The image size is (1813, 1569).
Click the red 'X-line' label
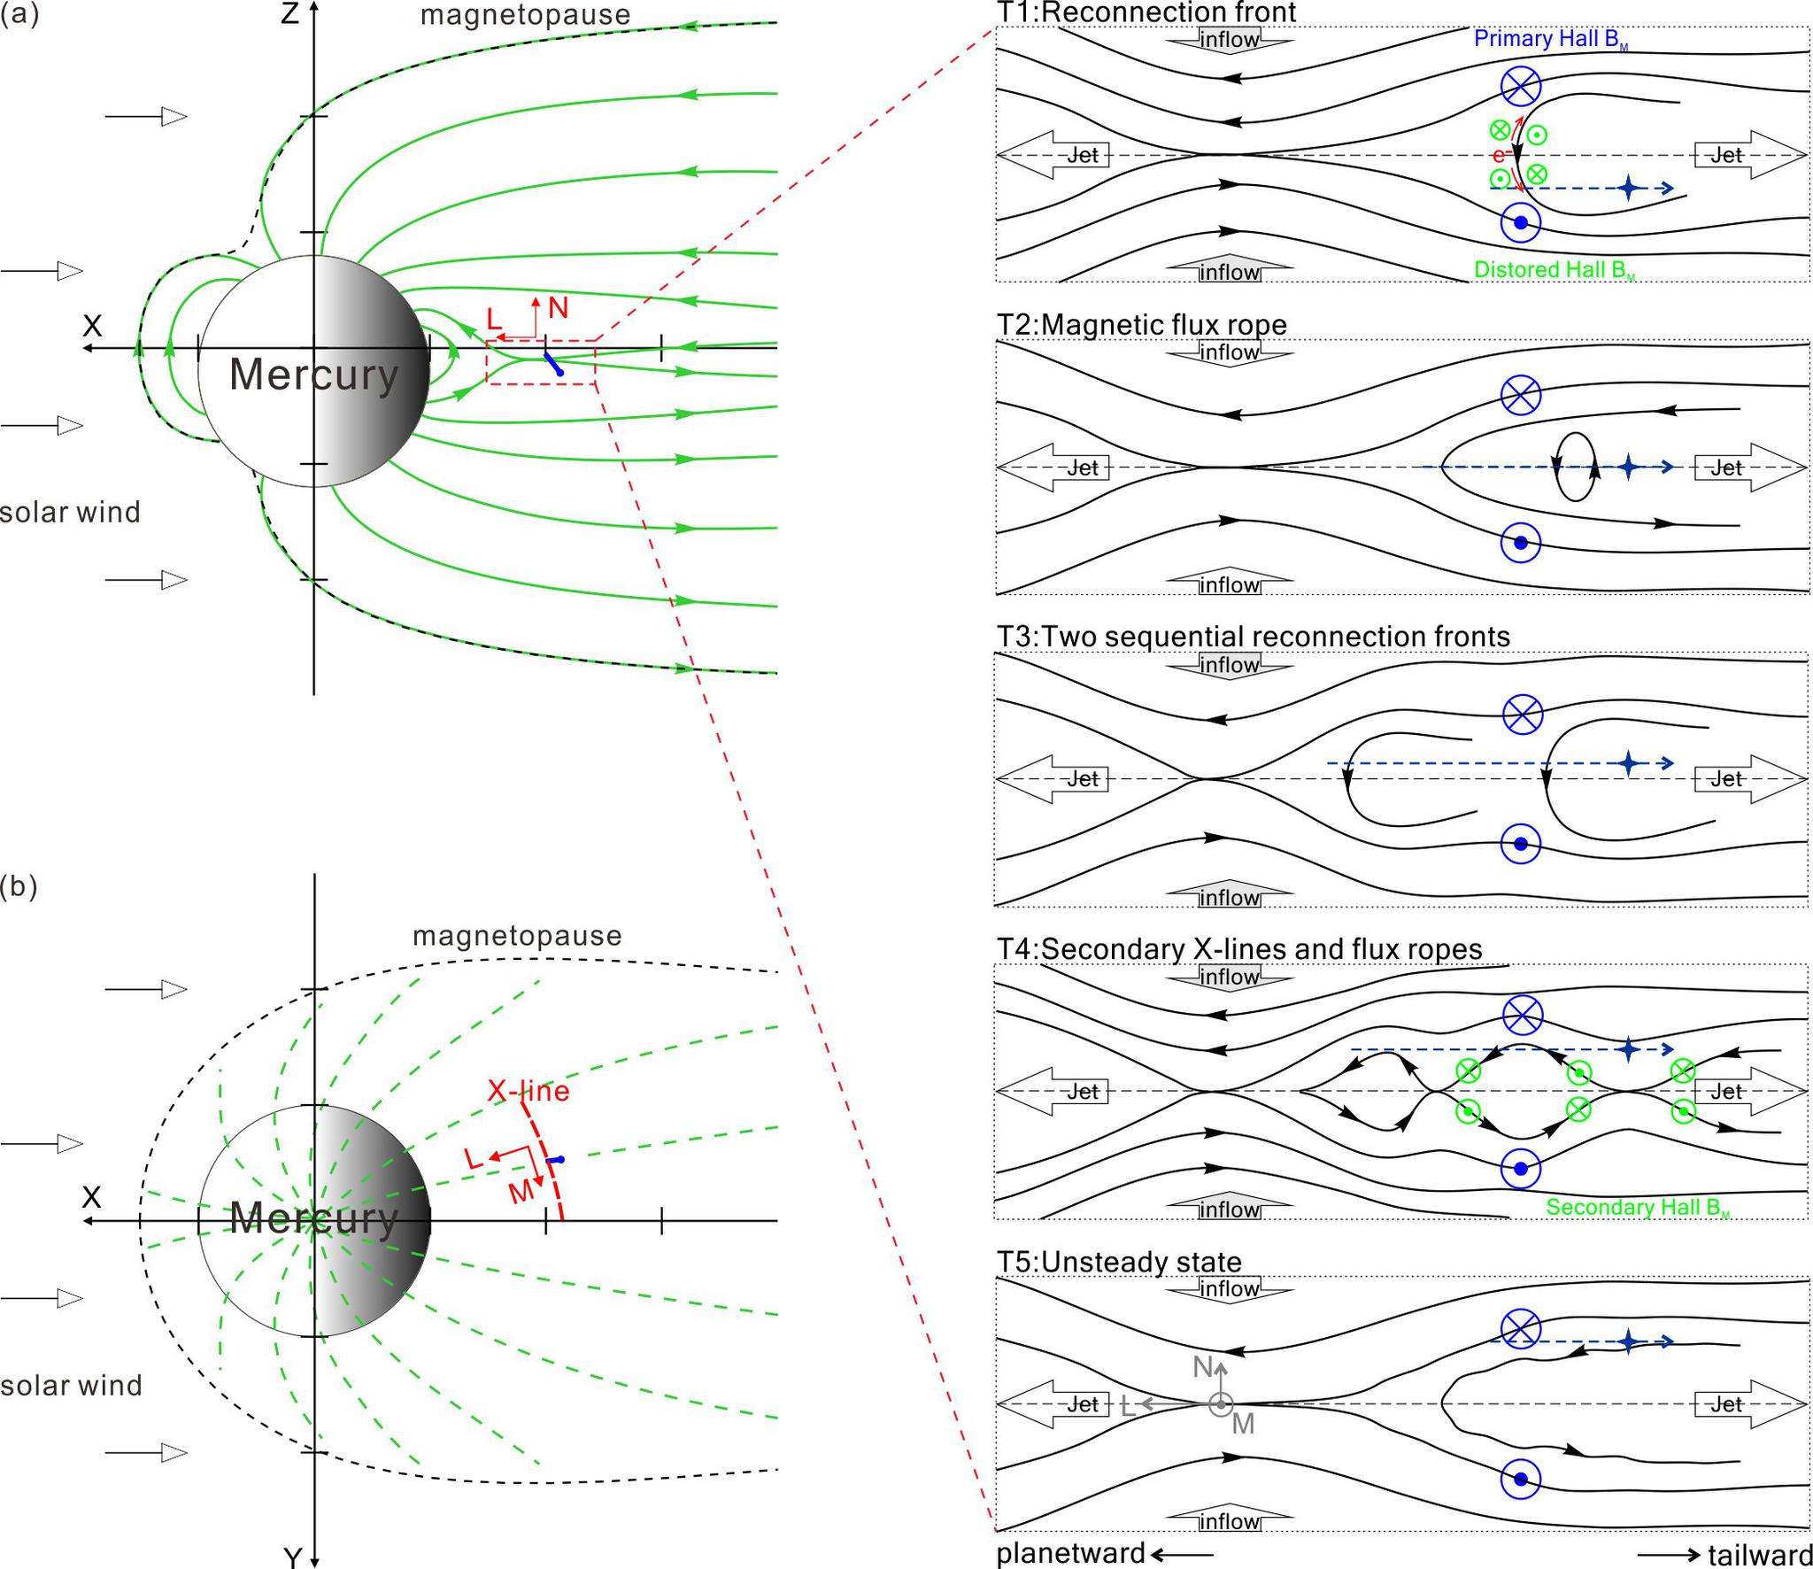coord(528,1091)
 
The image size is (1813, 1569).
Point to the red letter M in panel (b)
coord(521,1192)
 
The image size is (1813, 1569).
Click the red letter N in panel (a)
coord(558,308)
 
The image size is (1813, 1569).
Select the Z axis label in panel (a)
coord(289,14)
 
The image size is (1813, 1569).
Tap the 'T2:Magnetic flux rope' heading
coord(1142,325)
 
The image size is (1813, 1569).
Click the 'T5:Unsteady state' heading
coord(1119,1262)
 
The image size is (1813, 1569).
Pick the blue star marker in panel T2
coord(1628,467)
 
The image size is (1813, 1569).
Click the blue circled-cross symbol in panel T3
coord(1522,713)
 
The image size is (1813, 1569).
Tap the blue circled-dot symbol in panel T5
coord(1521,1479)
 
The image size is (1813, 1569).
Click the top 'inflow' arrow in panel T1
coord(1229,40)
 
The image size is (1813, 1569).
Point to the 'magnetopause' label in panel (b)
coord(517,935)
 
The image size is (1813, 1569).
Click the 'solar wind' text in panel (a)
coord(70,512)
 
